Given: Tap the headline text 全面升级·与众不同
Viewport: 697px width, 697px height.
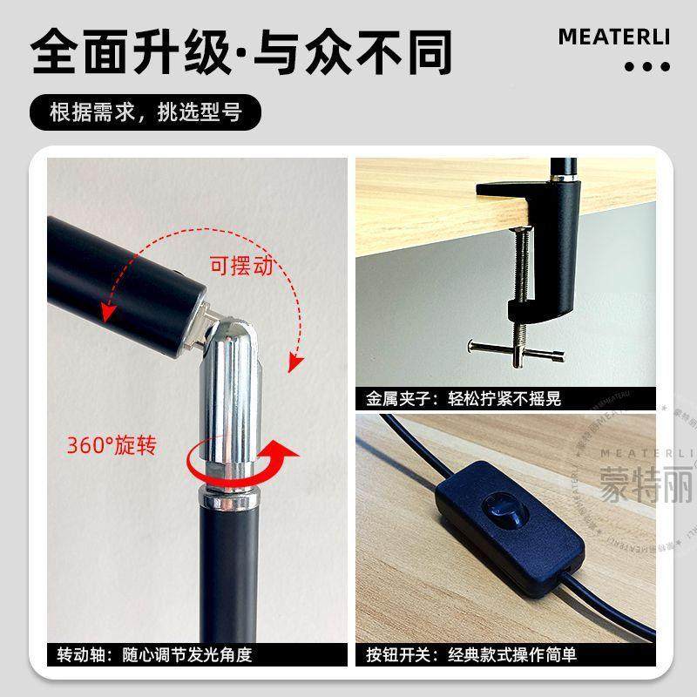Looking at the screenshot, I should [242, 52].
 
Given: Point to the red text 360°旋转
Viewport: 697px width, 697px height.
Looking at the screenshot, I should [112, 445].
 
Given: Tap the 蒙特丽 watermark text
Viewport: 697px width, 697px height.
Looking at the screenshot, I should [647, 481].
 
